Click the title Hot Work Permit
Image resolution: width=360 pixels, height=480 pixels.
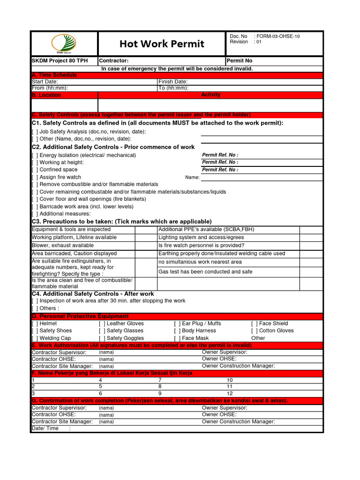pos(162,44)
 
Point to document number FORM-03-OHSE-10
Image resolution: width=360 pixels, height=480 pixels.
pos(277,36)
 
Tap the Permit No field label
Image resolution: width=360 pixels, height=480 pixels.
pos(240,61)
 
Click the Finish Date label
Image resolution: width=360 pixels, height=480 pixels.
pos(173,82)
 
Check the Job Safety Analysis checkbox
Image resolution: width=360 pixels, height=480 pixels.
pos(35,132)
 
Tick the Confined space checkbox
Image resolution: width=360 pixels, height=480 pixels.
pos(35,170)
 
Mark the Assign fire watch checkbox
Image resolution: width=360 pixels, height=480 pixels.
pos(35,177)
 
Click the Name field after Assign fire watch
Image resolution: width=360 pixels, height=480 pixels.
pos(261,177)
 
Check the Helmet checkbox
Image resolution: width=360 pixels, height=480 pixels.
pos(35,323)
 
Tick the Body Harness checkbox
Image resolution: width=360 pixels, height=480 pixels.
pos(177,330)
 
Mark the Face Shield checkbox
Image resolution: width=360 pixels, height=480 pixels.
pos(255,323)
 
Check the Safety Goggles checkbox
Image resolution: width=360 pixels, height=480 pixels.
pos(102,338)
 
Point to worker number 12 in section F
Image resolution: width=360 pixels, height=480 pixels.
pos(230,394)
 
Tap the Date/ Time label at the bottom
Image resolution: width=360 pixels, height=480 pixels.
pos(45,428)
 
